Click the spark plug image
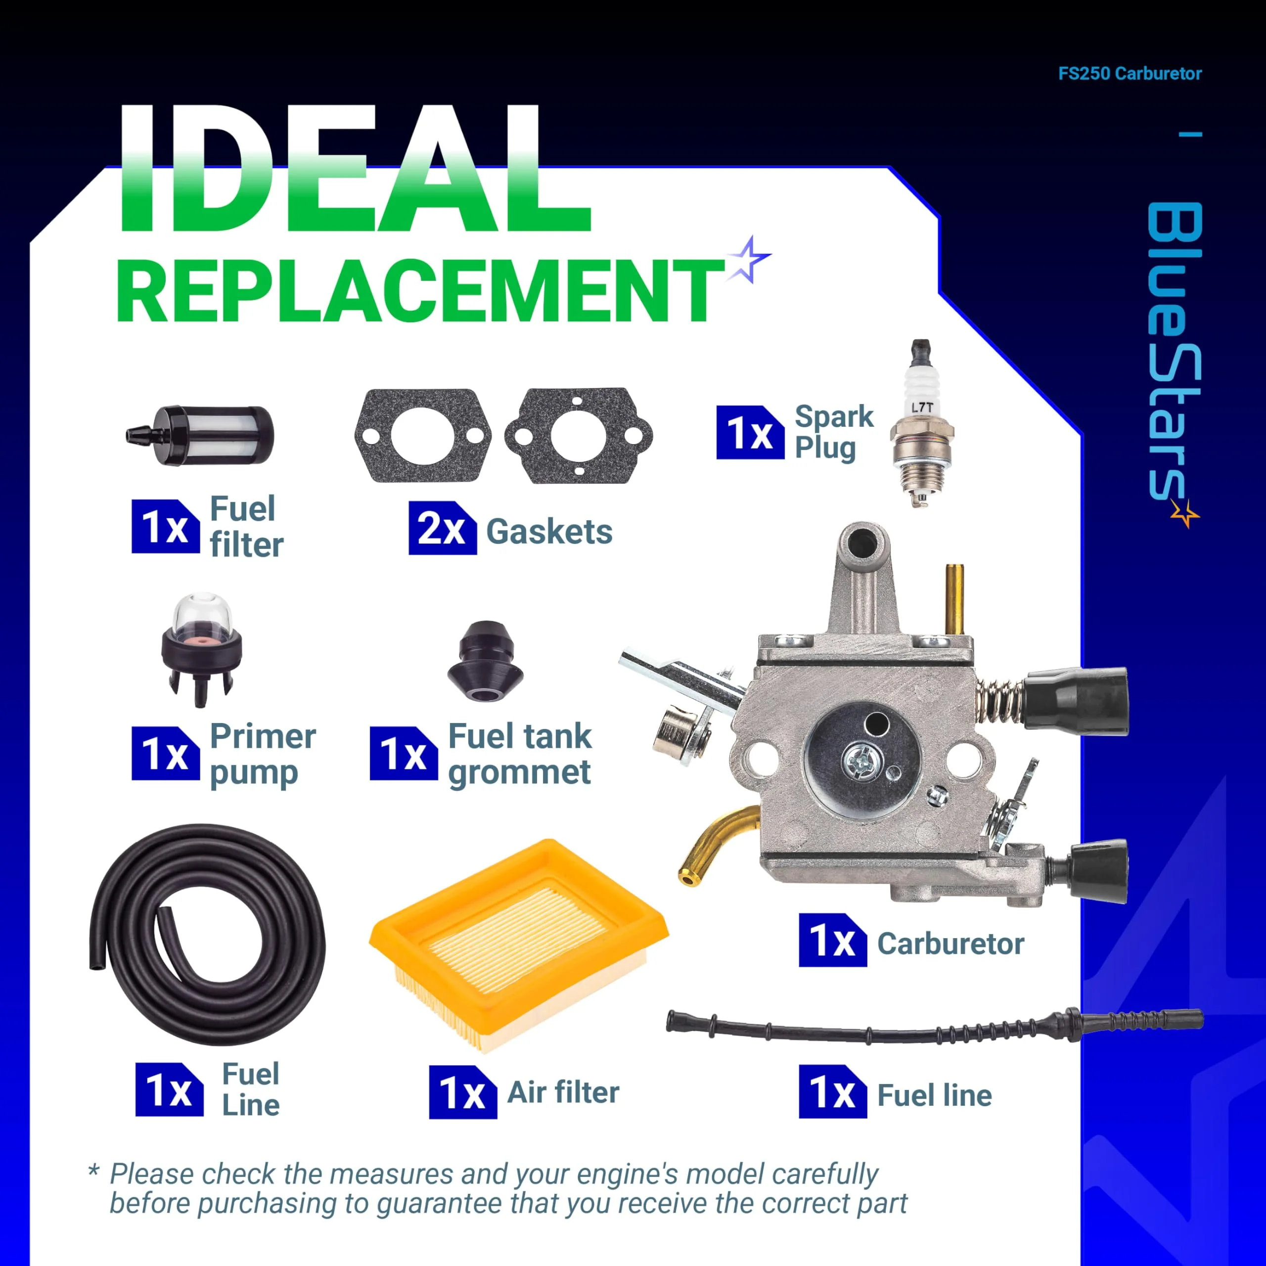[x=921, y=423]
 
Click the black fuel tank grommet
[x=485, y=661]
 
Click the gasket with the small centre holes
[x=579, y=435]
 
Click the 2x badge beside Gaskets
[x=442, y=528]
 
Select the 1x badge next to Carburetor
[x=833, y=940]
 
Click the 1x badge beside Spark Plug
[x=750, y=433]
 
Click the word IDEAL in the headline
[x=354, y=169]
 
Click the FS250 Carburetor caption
[x=1130, y=73]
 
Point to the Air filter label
[x=564, y=1092]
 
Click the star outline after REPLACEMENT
[x=750, y=260]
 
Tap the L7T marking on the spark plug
[x=922, y=407]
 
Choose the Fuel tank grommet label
[x=520, y=755]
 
